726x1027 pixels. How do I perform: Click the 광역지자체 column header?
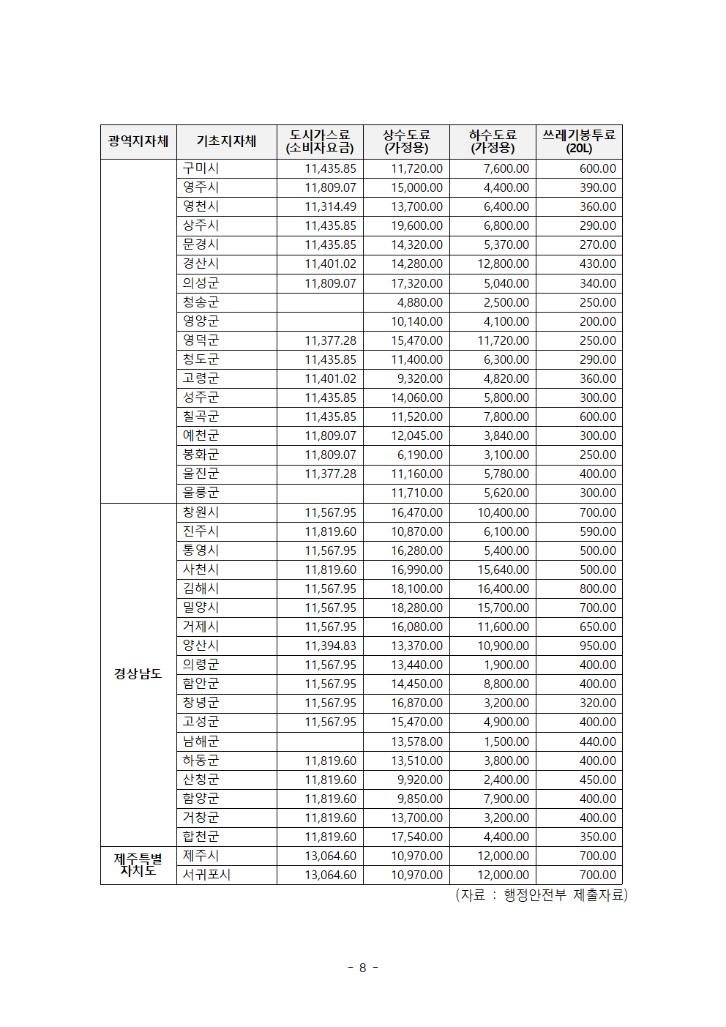click(138, 141)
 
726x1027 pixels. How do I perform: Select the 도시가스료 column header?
click(320, 141)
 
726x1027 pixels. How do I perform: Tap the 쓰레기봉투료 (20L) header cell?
click(579, 141)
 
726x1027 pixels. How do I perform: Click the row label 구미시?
click(201, 168)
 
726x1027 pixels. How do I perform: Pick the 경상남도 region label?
click(138, 673)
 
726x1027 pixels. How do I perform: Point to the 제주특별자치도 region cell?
click(138, 865)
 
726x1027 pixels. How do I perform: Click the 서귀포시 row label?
click(206, 875)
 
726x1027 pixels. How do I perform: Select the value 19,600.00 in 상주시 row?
click(416, 225)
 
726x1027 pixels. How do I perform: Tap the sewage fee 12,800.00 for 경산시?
click(503, 264)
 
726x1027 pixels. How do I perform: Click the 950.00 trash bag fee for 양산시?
click(597, 646)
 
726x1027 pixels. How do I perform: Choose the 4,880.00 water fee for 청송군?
click(419, 302)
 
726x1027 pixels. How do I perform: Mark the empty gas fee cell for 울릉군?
click(320, 493)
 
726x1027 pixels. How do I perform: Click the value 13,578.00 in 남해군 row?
click(416, 742)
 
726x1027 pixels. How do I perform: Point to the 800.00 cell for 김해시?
click(597, 589)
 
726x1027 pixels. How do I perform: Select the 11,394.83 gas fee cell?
click(330, 646)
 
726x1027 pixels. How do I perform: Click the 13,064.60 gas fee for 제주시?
click(330, 856)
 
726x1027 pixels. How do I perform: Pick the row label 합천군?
click(201, 837)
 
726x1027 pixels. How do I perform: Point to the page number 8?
click(362, 968)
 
